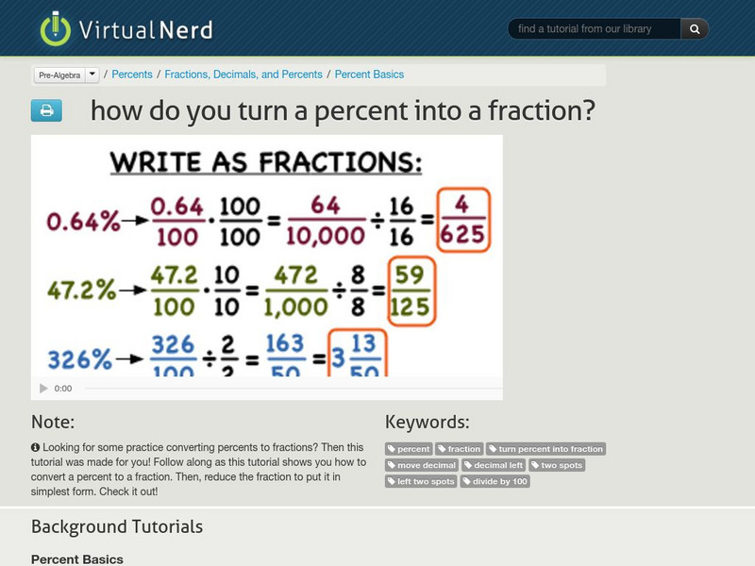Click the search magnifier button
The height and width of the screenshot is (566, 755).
pos(695,29)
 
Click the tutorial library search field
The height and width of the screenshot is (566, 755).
pos(595,29)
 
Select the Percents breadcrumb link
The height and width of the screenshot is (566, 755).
pos(132,75)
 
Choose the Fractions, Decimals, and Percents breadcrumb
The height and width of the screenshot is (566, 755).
pos(243,75)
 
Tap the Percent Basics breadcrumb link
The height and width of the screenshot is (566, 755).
pos(369,75)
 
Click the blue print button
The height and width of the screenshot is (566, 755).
pos(46,111)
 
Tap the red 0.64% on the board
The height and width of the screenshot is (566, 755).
pos(83,221)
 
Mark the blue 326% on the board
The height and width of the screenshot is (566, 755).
pos(79,358)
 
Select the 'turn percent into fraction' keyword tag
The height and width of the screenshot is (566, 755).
pos(545,449)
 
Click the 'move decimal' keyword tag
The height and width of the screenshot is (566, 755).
pos(423,465)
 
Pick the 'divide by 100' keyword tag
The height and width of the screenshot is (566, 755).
pos(495,481)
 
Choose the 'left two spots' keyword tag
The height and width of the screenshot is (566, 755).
pos(421,481)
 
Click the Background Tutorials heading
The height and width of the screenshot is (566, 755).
pos(117,526)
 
